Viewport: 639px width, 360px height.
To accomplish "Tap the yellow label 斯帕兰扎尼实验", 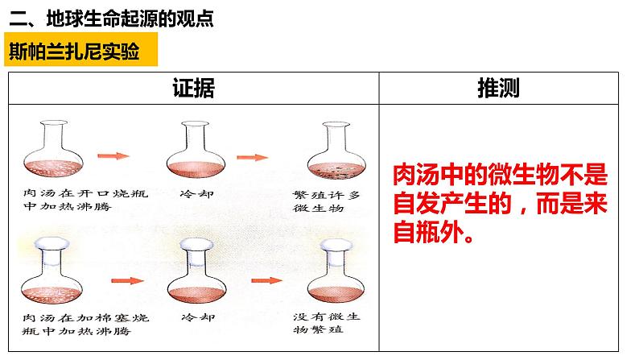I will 74,52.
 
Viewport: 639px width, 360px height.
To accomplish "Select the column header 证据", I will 194,87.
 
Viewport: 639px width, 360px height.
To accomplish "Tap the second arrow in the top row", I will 256,159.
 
